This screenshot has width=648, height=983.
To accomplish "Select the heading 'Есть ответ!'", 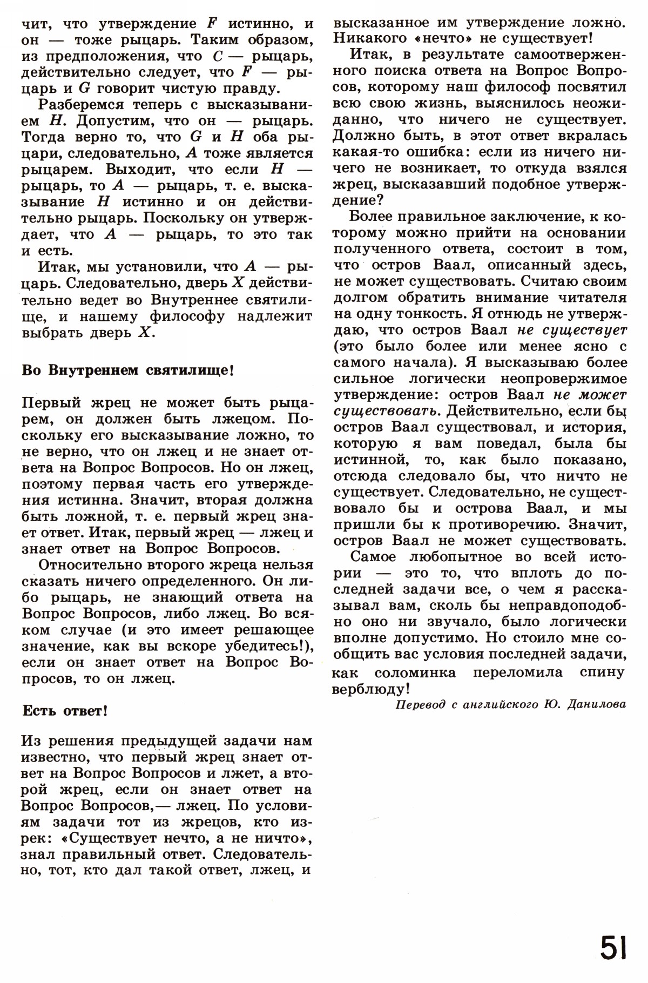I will [x=65, y=711].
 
